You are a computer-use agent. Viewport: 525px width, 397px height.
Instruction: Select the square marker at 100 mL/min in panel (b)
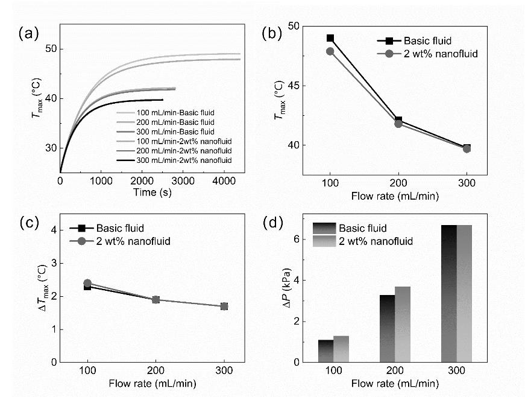[x=330, y=39]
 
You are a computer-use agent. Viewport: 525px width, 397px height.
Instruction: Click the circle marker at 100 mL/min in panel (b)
[x=330, y=51]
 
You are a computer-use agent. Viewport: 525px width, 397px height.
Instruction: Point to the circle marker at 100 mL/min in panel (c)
[x=87, y=283]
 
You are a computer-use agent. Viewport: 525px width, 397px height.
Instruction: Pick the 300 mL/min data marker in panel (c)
[x=224, y=306]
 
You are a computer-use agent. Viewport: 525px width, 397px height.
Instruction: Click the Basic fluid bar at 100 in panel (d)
[x=325, y=351]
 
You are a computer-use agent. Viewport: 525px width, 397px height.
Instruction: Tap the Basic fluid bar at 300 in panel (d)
[x=448, y=293]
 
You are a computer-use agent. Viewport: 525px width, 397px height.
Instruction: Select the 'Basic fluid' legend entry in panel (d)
[x=361, y=228]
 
